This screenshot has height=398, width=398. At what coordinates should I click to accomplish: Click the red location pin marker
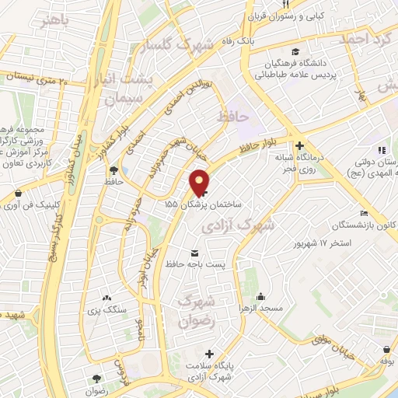coord(199,182)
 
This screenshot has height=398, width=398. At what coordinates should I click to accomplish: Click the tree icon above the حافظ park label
coord(114,169)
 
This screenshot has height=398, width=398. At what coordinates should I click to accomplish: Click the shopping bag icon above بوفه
coord(386,350)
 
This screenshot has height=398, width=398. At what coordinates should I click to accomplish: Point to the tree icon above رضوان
coord(96,378)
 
